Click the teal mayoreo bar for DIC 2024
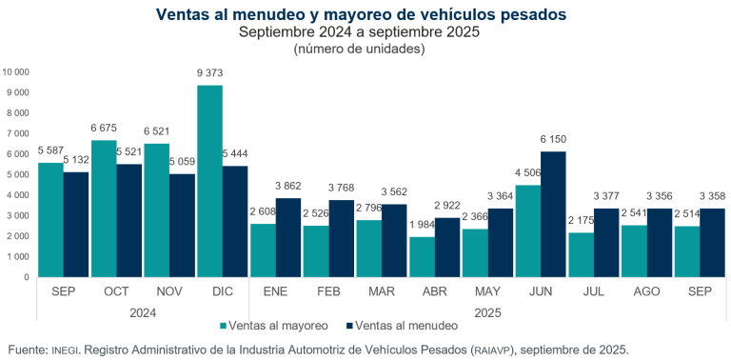(x=209, y=181)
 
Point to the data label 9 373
(x=210, y=74)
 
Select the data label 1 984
(x=422, y=226)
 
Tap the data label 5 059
(x=184, y=162)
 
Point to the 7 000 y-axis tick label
(x=18, y=133)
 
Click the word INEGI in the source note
(x=64, y=350)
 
